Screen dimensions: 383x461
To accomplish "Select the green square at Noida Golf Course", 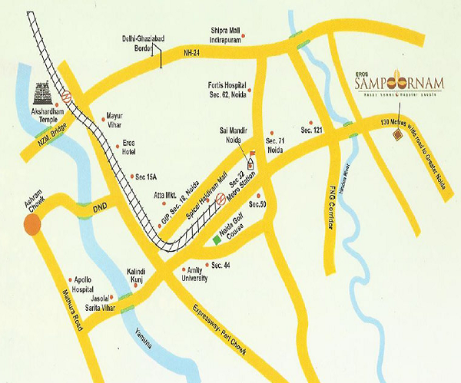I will [x=217, y=239].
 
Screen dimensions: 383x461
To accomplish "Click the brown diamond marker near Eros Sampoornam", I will [x=397, y=136].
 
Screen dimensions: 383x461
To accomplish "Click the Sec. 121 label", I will [x=311, y=131].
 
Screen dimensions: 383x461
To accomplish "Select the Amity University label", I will [x=195, y=276].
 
